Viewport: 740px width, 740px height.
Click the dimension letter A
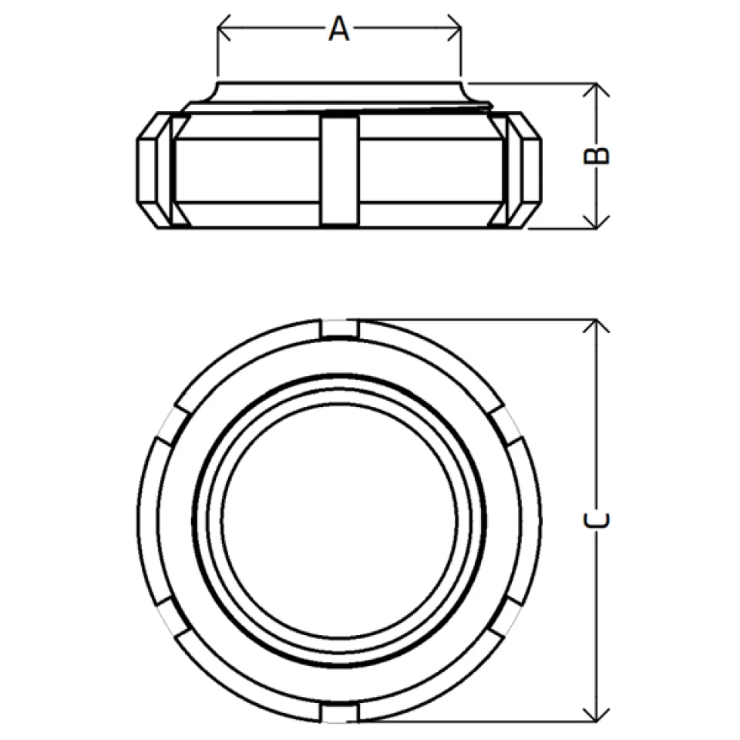click(x=339, y=29)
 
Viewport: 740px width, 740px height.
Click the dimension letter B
click(x=597, y=155)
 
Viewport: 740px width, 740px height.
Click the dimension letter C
click(x=597, y=520)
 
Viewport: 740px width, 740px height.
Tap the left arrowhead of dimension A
click(x=224, y=28)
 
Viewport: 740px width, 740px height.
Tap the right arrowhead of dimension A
click(x=455, y=28)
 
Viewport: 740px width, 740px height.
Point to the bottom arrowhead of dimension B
click(x=597, y=222)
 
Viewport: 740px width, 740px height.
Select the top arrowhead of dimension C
click(x=597, y=326)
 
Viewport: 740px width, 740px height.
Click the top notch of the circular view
click(x=339, y=329)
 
